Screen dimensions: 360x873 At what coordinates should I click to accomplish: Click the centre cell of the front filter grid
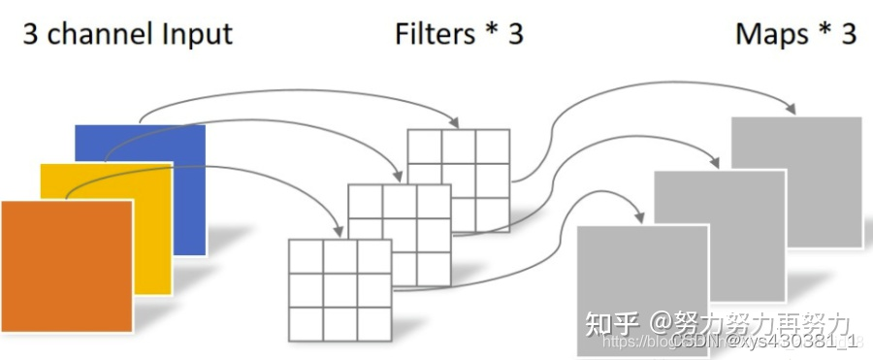(x=339, y=288)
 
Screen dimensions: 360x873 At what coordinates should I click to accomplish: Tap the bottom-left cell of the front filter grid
(x=306, y=321)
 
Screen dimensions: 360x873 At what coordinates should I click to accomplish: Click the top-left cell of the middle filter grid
(x=366, y=202)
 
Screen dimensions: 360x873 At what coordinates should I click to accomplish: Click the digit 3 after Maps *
(x=849, y=35)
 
